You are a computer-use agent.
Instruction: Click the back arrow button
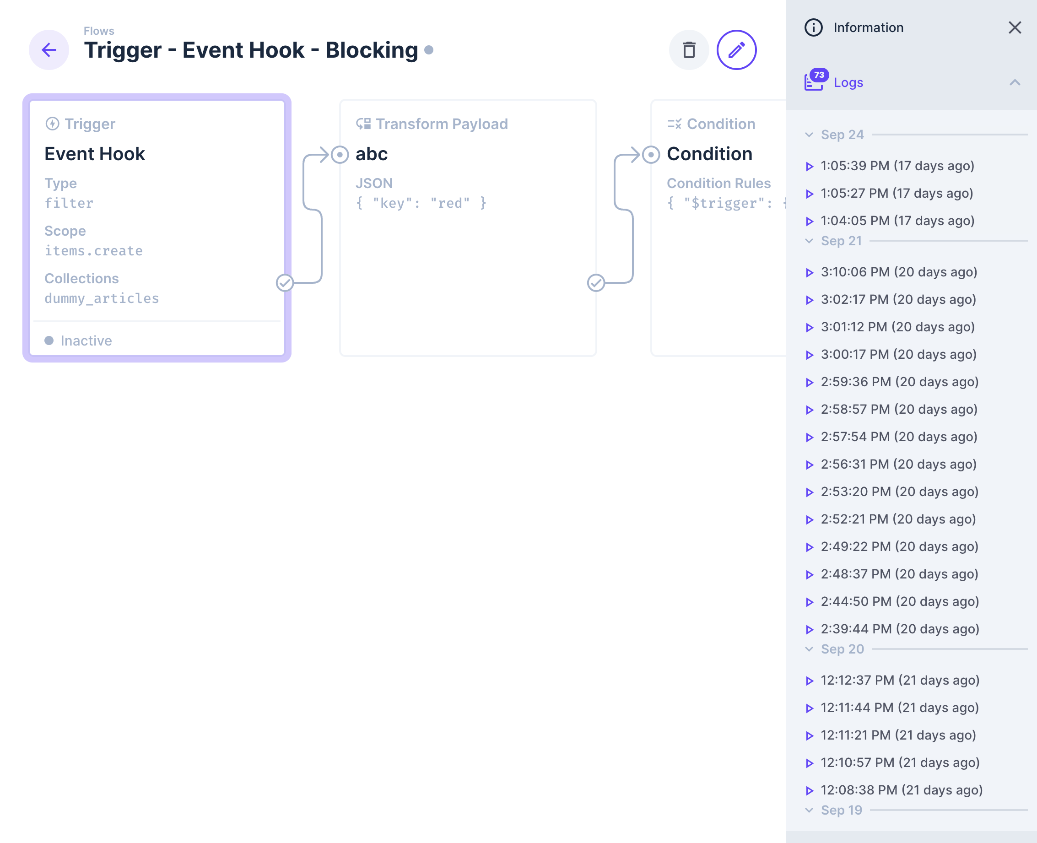tap(49, 50)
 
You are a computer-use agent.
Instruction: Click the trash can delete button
tap(688, 50)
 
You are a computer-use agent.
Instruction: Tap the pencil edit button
tap(736, 50)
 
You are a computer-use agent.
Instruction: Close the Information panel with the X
tap(1014, 27)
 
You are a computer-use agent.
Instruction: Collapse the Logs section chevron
tap(1014, 82)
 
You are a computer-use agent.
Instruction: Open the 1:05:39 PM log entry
tap(897, 166)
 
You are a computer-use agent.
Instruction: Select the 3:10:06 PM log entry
tap(898, 272)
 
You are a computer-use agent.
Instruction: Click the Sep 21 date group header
tap(841, 241)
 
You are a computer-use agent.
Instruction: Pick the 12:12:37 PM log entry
tap(899, 681)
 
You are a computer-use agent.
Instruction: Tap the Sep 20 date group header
tap(842, 649)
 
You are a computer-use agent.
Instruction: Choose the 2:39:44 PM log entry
tap(899, 629)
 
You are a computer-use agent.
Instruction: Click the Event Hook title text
tap(95, 154)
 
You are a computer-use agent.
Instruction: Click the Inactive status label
tap(86, 341)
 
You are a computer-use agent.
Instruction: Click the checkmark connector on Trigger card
tap(285, 283)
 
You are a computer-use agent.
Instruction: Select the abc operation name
tap(372, 154)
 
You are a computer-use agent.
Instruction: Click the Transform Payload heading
tap(441, 124)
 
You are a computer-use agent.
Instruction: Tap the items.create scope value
tap(94, 251)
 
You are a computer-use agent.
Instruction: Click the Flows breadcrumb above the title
tap(98, 31)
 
